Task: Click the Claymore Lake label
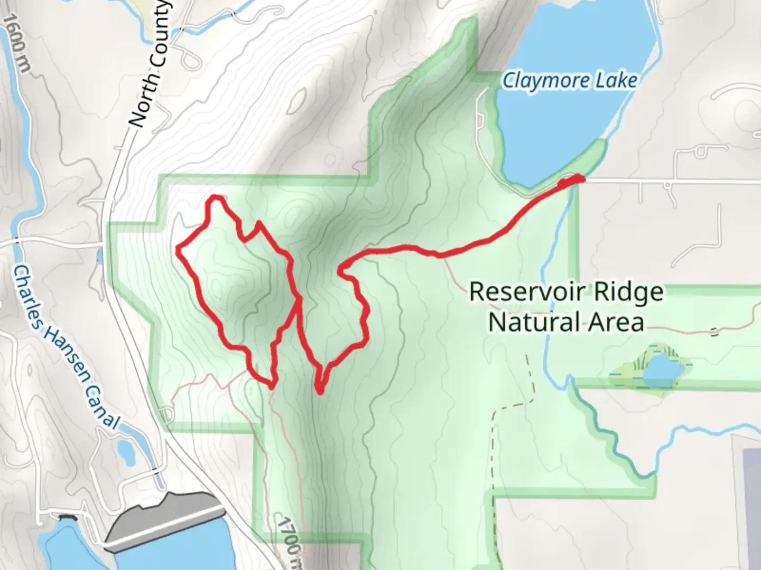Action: [x=569, y=81]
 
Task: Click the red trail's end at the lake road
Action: [x=580, y=180]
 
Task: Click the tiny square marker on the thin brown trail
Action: [x=714, y=332]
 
